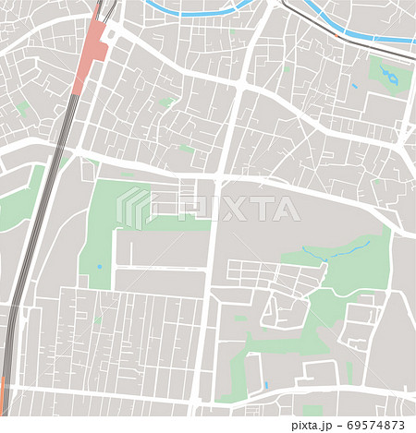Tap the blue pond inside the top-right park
(x=392, y=78)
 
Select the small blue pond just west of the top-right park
(x=354, y=86)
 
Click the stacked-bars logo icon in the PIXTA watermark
(x=133, y=207)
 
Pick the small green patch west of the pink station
(x=22, y=108)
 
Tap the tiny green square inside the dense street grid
(x=97, y=320)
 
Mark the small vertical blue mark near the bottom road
(x=265, y=384)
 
